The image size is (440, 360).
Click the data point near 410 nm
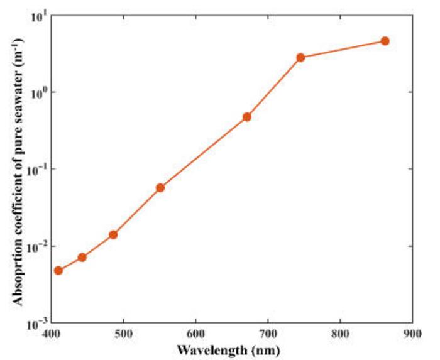click(58, 271)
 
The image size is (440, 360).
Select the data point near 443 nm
click(82, 258)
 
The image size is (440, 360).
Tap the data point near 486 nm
click(113, 234)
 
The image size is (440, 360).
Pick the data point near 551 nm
click(160, 187)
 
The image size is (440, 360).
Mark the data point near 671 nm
click(247, 117)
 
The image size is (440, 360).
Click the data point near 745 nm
click(300, 57)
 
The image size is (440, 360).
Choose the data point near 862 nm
click(385, 41)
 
